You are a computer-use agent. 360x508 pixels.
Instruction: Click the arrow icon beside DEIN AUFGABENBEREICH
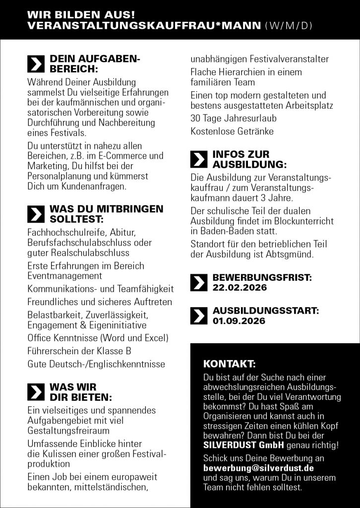pos(35,64)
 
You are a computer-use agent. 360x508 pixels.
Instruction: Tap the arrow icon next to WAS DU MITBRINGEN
pos(35,214)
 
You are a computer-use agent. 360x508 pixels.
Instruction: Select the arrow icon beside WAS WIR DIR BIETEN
pos(35,391)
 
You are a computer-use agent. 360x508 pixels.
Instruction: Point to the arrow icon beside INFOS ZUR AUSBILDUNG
pos(199,159)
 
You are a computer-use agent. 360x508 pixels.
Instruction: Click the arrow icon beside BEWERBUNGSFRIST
pos(199,282)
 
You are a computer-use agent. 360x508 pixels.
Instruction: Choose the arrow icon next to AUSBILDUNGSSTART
pos(199,316)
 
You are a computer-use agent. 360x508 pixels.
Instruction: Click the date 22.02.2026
pos(240,288)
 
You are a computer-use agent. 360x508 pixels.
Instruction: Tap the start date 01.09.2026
pos(239,321)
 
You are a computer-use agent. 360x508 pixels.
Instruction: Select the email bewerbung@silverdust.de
pos(258,468)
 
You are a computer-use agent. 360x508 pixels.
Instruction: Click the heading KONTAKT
pos(230,363)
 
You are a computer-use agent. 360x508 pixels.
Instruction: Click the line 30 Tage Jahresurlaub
pos(234,119)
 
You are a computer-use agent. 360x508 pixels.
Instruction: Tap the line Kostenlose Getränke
pos(232,131)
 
